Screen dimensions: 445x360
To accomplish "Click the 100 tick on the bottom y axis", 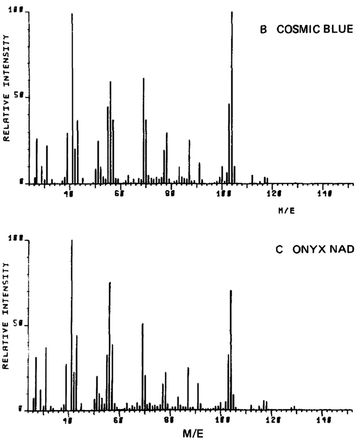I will click(21, 239).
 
